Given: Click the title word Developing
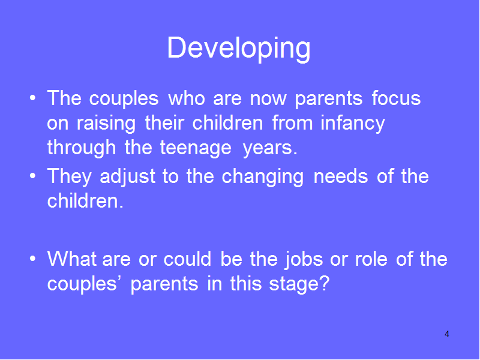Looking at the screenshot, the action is [x=239, y=49].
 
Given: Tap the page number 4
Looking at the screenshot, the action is [x=447, y=334].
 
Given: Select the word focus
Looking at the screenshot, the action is [x=397, y=98].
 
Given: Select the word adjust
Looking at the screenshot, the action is [x=128, y=177].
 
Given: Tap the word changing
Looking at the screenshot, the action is [x=263, y=177].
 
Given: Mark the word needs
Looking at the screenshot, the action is [x=341, y=176].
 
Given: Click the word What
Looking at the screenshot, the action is [x=72, y=259].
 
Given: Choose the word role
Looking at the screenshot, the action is [x=371, y=259].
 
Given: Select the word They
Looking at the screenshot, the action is [x=70, y=177].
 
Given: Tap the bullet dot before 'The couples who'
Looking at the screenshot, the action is [x=33, y=98].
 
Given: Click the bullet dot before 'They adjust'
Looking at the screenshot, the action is [x=33, y=176].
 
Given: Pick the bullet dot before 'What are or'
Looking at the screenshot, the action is [x=33, y=259].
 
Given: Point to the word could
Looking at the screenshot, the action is [x=187, y=259].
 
